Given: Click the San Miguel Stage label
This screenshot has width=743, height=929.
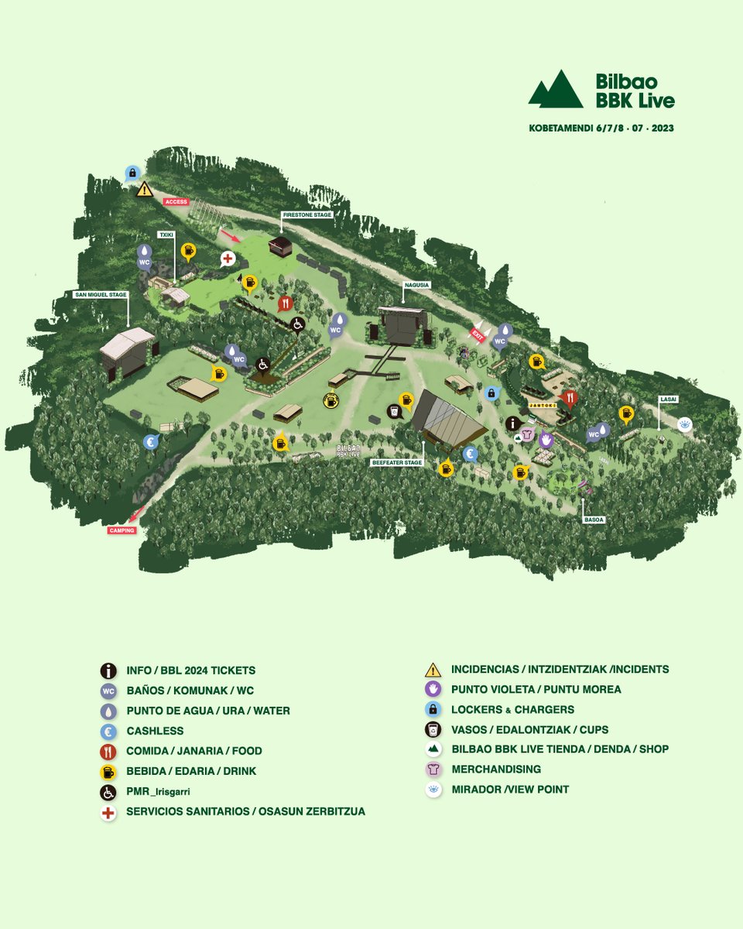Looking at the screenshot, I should coord(101,294).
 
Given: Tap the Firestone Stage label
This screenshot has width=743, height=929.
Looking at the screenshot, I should coord(307,214).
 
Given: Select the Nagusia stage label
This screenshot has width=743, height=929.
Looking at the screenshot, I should coord(415,285).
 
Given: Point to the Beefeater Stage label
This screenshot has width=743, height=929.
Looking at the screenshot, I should coord(396,462).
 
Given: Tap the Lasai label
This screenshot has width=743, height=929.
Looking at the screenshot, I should coord(668,399).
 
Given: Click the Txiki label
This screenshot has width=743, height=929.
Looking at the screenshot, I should coord(166,234).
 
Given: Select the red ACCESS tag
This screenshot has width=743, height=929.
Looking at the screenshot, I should coord(176,201).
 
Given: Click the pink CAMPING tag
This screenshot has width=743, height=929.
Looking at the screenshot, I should coord(122,530).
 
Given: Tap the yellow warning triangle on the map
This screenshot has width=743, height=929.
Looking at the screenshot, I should coord(144,189).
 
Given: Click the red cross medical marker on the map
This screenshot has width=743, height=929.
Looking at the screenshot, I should coord(228,258).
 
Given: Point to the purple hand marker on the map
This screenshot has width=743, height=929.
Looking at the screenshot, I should coord(546,440).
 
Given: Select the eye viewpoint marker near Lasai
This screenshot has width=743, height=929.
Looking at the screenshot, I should coord(684,424).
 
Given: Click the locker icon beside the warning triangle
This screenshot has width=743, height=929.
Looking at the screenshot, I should coord(132,173).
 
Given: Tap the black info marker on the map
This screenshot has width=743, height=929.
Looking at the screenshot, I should coord(512,423).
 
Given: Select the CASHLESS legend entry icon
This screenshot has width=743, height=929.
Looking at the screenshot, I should coord(108,731).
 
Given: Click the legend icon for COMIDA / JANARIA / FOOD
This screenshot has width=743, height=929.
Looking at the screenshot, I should coord(108,751).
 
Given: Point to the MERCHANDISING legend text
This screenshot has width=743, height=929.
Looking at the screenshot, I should coord(496,770).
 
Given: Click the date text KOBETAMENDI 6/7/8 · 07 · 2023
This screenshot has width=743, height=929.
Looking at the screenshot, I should coord(601,129).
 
